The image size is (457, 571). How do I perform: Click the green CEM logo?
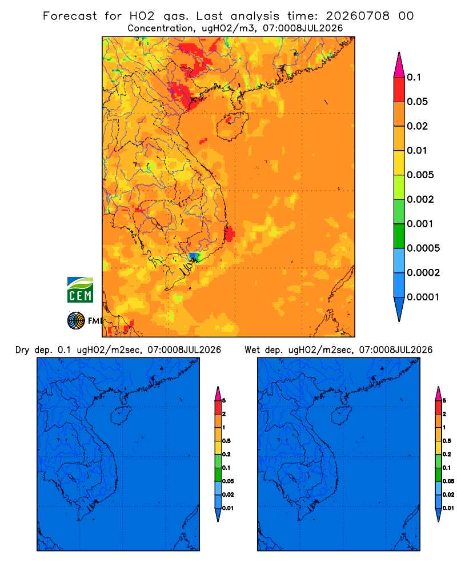[80, 289]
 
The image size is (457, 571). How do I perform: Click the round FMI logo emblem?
[76, 321]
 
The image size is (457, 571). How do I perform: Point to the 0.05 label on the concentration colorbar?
[417, 102]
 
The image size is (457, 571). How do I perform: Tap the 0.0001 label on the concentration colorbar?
[423, 297]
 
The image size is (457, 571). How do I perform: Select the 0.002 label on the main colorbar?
[420, 199]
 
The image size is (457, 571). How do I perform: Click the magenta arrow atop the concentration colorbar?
[399, 65]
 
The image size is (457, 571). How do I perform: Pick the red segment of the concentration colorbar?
[399, 90]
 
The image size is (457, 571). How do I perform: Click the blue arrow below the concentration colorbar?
[399, 309]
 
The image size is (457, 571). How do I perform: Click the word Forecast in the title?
[70, 16]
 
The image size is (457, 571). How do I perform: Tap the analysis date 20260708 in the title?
[358, 16]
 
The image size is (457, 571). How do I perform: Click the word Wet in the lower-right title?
[252, 350]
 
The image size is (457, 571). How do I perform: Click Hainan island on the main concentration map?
[232, 126]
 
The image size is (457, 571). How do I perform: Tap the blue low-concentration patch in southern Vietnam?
[193, 256]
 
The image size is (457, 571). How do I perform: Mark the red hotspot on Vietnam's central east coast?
[230, 234]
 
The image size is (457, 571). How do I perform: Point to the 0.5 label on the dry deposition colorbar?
[226, 441]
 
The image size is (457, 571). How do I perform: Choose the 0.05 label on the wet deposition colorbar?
[448, 481]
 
